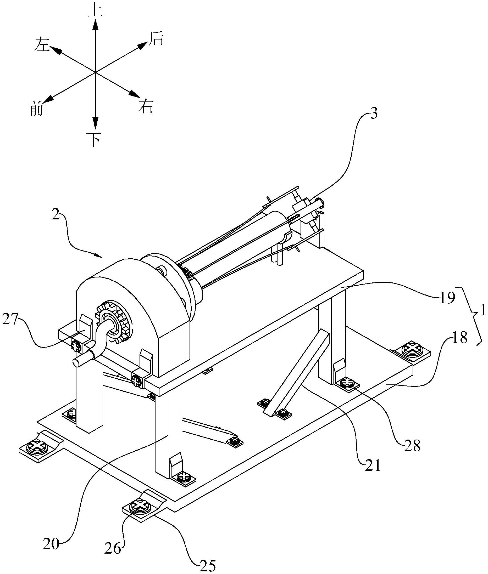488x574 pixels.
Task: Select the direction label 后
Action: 156,38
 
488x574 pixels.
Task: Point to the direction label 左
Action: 42,45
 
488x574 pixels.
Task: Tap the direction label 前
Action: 36,109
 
